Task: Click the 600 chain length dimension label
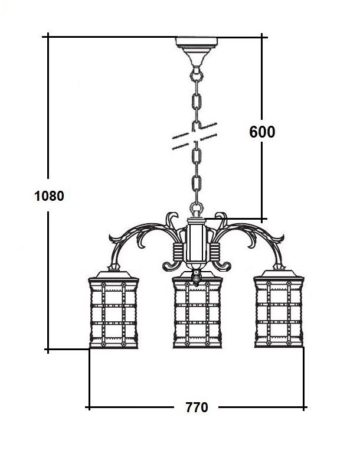point(261,131)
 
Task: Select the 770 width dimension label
point(197,407)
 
